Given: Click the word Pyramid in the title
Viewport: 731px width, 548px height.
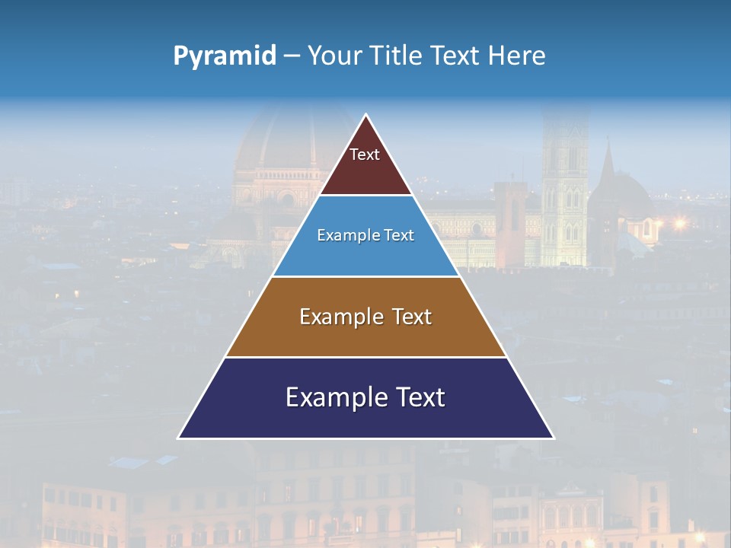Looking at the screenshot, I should click(x=225, y=56).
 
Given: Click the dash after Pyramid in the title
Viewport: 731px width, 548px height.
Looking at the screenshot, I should click(x=291, y=56).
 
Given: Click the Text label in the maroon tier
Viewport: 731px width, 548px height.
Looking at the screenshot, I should click(x=365, y=155).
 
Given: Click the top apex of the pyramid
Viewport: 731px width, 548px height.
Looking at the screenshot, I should click(x=366, y=115).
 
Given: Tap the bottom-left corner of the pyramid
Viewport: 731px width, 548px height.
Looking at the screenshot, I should click(x=179, y=438).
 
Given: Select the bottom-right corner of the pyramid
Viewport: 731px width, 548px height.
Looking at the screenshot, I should click(x=554, y=438).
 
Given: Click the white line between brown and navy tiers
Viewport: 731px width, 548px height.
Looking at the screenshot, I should click(x=365, y=357).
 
